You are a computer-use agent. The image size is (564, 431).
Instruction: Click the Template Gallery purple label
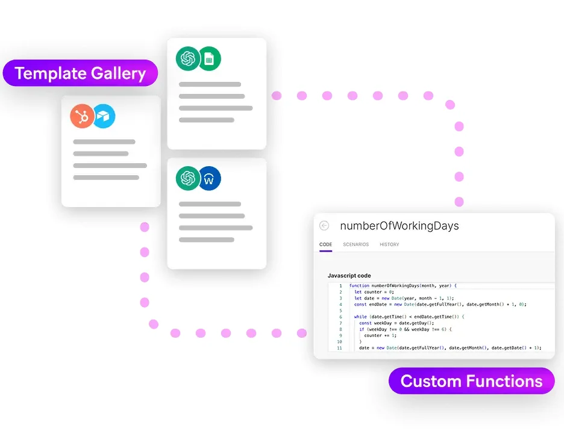tap(80, 73)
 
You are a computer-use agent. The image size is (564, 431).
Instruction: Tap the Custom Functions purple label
tap(471, 381)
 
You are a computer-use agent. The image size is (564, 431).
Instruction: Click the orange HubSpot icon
tap(82, 116)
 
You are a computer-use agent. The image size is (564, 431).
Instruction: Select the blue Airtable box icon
tap(104, 116)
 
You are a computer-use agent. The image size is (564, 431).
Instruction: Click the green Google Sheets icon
tap(209, 58)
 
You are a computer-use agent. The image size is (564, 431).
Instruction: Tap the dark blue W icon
tap(209, 178)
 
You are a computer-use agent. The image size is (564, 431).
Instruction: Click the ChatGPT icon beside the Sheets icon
tap(187, 58)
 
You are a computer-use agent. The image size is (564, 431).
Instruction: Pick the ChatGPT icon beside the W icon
tap(187, 178)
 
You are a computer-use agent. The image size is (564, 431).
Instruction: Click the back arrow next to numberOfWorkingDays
tap(324, 226)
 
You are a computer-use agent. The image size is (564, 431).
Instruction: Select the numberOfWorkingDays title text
tap(399, 226)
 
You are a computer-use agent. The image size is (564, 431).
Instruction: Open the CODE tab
tap(325, 244)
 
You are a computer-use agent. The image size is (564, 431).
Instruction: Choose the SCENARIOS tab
tap(356, 244)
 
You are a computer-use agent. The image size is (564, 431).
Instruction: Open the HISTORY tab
tap(389, 244)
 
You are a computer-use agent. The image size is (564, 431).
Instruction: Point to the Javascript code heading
tap(349, 276)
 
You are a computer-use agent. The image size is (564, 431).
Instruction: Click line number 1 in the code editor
tap(340, 285)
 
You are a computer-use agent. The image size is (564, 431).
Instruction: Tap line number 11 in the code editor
tap(339, 348)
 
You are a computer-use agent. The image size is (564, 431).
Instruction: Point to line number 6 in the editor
tap(340, 317)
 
